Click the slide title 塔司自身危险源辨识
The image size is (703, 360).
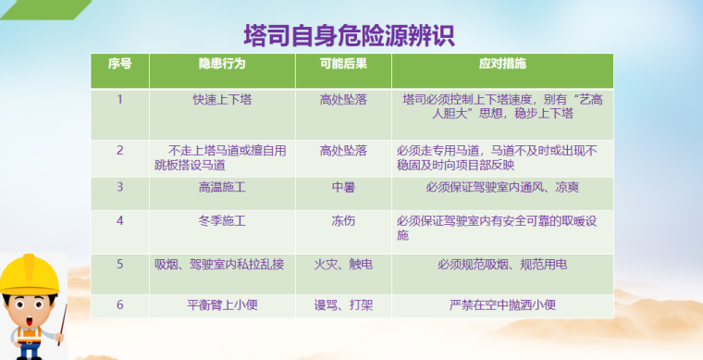point(349,36)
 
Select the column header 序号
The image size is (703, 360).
point(119,65)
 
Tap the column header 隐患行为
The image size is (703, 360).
point(221,65)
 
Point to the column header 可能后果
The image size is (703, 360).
point(343,65)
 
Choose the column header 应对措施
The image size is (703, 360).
point(501,65)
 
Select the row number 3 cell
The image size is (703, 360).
point(119,186)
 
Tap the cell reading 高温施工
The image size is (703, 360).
point(221,186)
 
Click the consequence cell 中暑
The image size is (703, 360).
point(343,186)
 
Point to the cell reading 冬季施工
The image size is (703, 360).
point(221,221)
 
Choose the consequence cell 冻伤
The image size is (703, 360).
point(343,221)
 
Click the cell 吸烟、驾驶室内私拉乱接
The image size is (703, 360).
point(221,265)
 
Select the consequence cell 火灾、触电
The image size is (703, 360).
point(343,265)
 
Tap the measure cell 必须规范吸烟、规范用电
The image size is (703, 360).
point(501,265)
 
